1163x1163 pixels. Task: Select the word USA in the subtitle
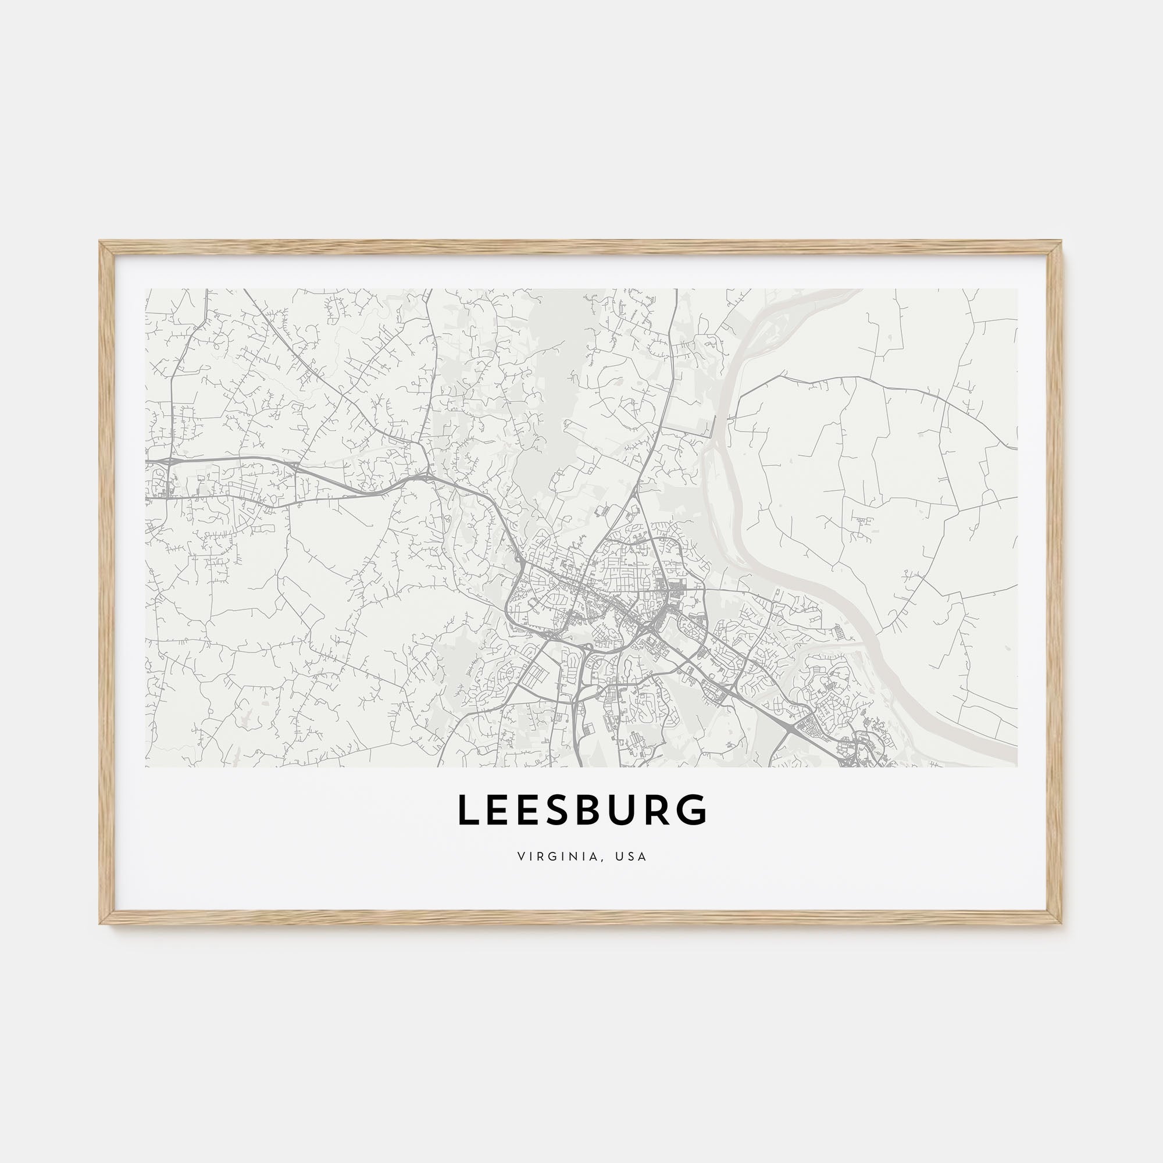[x=631, y=856]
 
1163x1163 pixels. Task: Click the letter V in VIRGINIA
[x=519, y=856]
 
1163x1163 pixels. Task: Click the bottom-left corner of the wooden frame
[x=101, y=923]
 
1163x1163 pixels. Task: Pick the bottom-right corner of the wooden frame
[x=1062, y=923]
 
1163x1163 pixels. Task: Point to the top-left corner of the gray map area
[x=147, y=290]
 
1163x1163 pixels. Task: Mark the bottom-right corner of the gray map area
[x=1016, y=766]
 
